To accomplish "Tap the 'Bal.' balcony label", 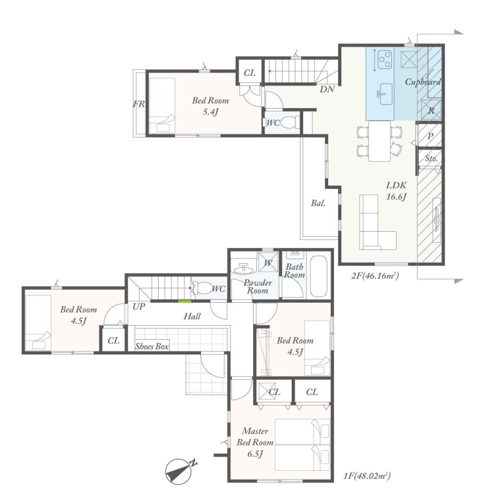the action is click(318, 203).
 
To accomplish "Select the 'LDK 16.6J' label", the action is click(396, 191).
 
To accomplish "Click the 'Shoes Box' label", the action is click(152, 347).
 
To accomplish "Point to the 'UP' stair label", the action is click(139, 306).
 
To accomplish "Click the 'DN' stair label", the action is click(327, 89).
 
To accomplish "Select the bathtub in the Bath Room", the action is click(318, 276).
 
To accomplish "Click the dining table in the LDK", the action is click(380, 141).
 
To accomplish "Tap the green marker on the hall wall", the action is click(184, 301).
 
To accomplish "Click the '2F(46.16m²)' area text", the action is click(375, 276).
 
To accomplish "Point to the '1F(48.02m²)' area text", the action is click(367, 476).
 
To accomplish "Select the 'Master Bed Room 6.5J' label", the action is click(255, 443).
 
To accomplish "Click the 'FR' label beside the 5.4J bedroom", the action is click(139, 104).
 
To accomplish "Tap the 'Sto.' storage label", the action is click(432, 158).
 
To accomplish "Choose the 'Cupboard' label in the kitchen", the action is click(423, 82).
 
